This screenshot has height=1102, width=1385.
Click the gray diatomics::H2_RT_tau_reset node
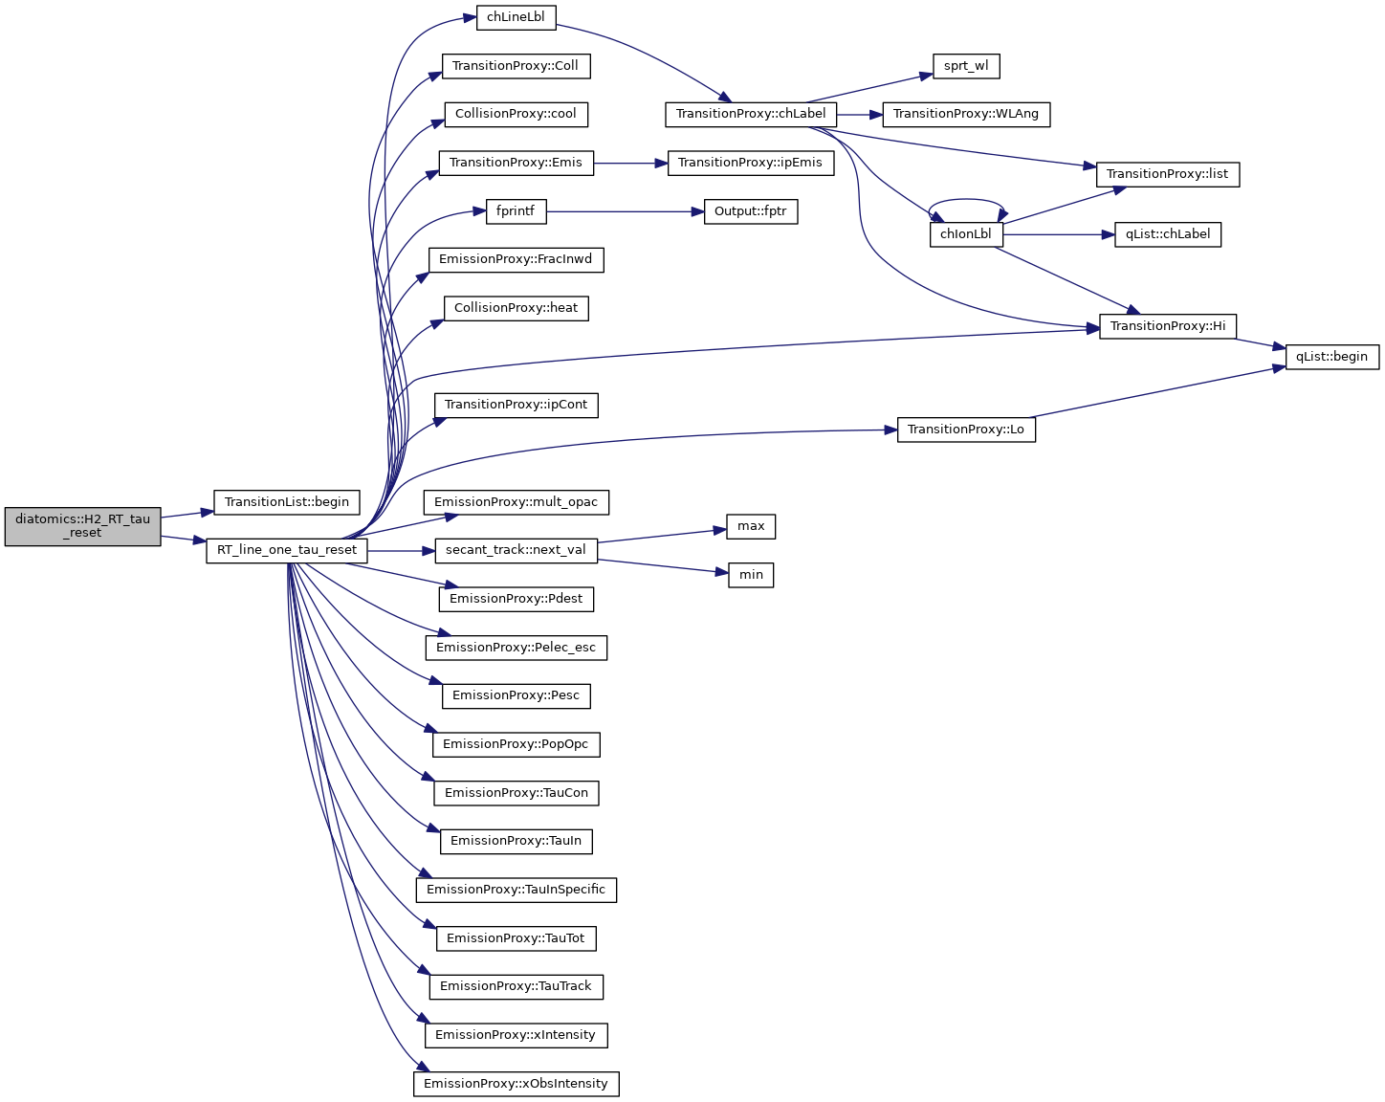[82, 526]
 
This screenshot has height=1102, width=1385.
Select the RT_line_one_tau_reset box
[287, 550]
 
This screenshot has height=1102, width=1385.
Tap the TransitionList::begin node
[287, 501]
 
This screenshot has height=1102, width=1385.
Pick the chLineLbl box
[516, 17]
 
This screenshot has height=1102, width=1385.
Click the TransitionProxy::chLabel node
[751, 114]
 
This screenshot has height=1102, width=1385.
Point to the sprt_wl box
[966, 66]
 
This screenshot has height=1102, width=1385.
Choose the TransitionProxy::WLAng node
[966, 114]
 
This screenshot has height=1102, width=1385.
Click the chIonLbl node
[966, 234]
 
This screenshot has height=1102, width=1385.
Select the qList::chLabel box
[1168, 234]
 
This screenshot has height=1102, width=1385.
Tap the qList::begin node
[1332, 357]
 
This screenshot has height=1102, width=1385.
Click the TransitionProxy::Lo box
[966, 430]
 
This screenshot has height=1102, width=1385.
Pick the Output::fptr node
[751, 211]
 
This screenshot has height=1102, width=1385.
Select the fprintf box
[516, 211]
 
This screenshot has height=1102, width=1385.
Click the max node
[751, 526]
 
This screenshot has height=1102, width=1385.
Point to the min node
[751, 575]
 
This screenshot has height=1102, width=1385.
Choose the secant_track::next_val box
[516, 550]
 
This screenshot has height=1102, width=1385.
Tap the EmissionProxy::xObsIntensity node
[516, 1084]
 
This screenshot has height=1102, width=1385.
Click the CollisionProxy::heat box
[516, 308]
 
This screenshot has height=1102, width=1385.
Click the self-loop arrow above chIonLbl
[966, 200]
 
